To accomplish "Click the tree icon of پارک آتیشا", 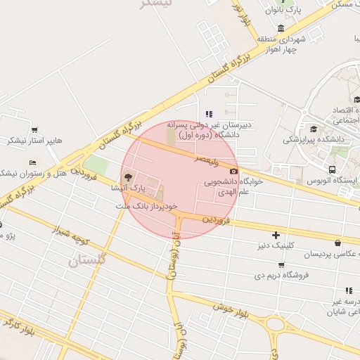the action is [127, 176].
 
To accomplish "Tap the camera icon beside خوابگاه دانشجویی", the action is [233, 171].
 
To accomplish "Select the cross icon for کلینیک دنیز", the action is [276, 235].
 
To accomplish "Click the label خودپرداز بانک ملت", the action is [143, 205].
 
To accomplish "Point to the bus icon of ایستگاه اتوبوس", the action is [332, 169].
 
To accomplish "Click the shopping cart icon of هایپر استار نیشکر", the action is [34, 130].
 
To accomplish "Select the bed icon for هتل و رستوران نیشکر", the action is [32, 162].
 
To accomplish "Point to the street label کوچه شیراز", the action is [70, 237].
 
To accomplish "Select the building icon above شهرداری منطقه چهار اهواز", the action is [281, 29].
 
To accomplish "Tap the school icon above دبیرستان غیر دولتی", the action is [208, 113].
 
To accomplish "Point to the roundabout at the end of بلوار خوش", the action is [276, 325].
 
